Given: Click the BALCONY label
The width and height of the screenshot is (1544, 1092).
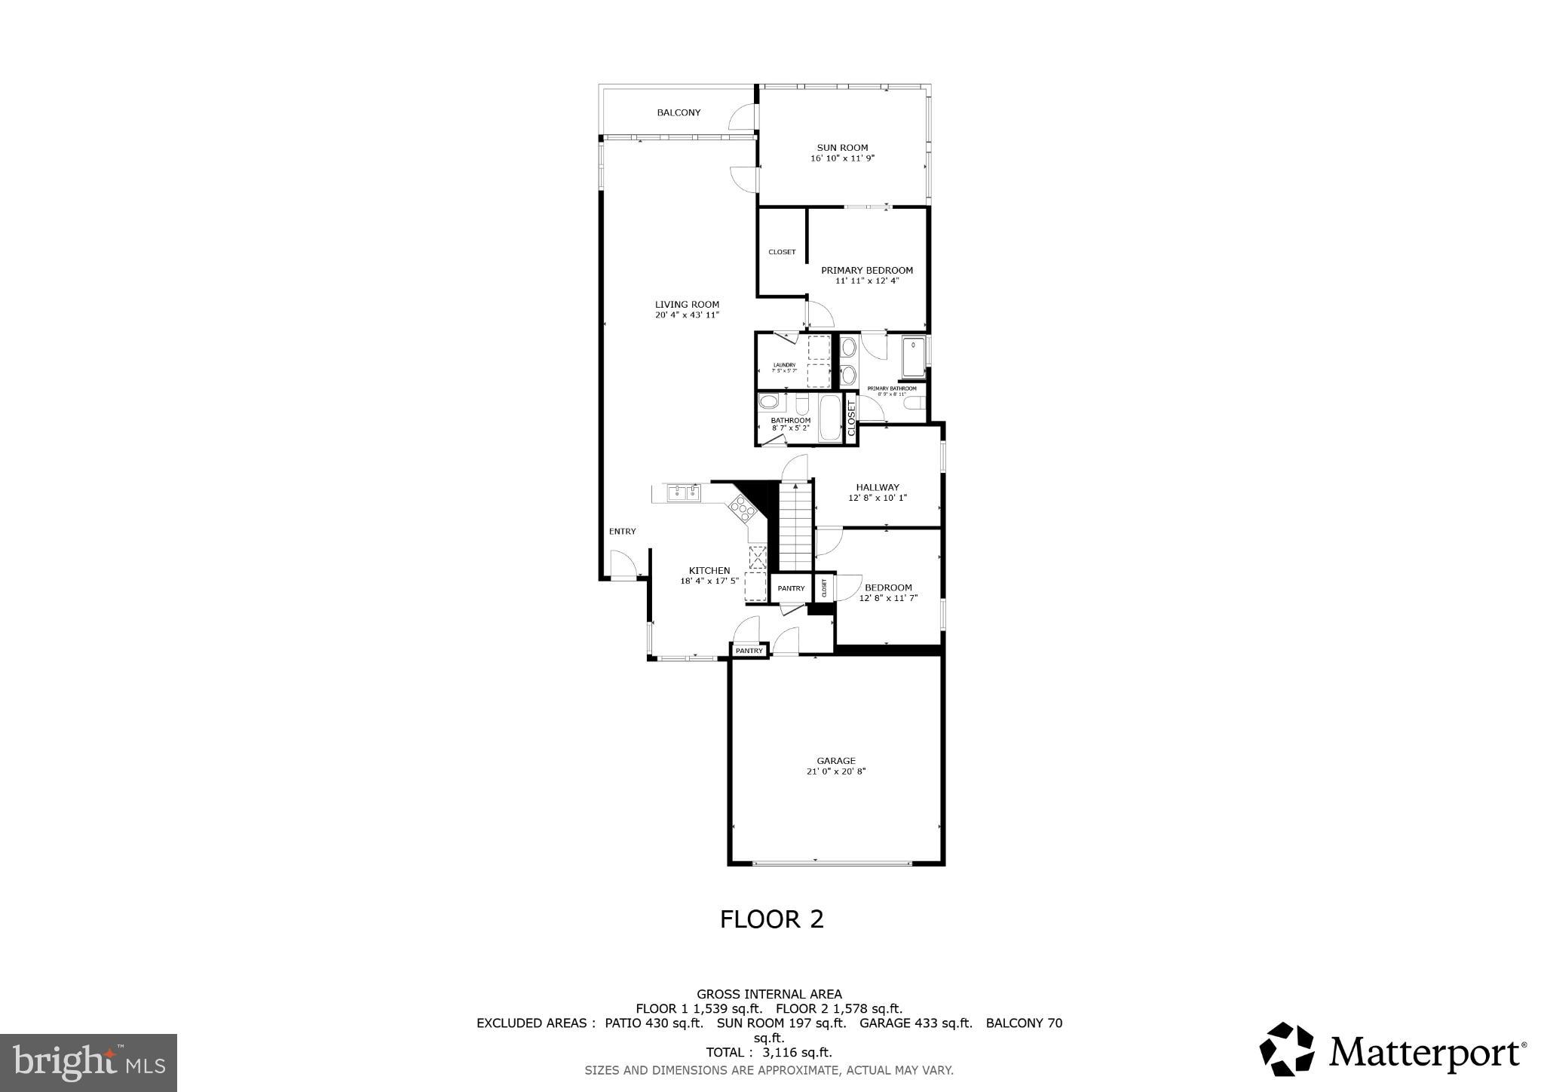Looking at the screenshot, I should pyautogui.click(x=679, y=112).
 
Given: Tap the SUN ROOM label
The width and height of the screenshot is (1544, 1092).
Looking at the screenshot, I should pyautogui.click(x=842, y=148).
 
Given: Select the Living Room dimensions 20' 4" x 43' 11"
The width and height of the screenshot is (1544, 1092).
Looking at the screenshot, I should pyautogui.click(x=687, y=315).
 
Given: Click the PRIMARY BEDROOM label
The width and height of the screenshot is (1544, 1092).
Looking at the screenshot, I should pyautogui.click(x=866, y=270).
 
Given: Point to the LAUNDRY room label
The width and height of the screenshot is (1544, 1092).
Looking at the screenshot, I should pyautogui.click(x=784, y=365).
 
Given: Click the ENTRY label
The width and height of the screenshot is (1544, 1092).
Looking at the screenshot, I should pyautogui.click(x=622, y=531).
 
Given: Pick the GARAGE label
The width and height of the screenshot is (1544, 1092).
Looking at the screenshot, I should pyautogui.click(x=836, y=761).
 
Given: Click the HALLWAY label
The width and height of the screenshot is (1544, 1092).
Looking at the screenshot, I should pyautogui.click(x=877, y=487).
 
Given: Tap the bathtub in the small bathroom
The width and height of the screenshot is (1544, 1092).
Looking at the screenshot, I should pyautogui.click(x=829, y=418).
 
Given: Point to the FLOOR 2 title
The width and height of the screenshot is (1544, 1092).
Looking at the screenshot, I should pyautogui.click(x=771, y=919).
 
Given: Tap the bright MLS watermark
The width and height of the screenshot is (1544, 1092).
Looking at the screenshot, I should pyautogui.click(x=88, y=1063).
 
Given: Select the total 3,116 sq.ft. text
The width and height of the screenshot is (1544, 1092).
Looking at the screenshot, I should pyautogui.click(x=768, y=1052).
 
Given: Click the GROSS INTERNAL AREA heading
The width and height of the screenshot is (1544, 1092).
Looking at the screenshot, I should pyautogui.click(x=768, y=994).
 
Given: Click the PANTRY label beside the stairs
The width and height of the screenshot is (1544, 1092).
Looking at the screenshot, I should pyautogui.click(x=791, y=588).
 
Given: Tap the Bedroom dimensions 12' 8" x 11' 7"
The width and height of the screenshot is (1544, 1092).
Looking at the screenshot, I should pyautogui.click(x=887, y=598).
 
